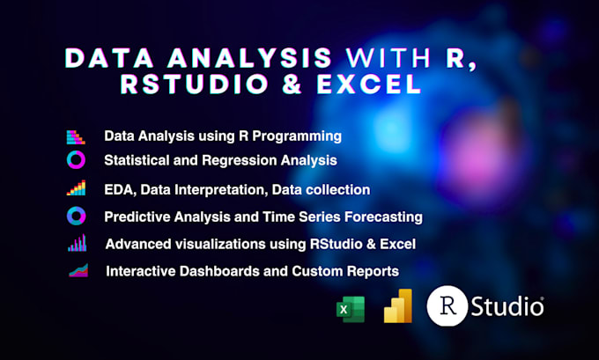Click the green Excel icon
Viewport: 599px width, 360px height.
pos(350,309)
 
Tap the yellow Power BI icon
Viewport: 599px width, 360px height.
pos(398,305)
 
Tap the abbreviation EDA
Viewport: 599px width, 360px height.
pos(117,189)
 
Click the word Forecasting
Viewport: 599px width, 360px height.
pos(381,216)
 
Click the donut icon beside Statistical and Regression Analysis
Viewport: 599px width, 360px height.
pos(77,160)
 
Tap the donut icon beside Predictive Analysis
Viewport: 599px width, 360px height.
pos(77,216)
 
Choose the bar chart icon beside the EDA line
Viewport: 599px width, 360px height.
pos(77,188)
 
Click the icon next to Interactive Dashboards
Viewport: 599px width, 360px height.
pos(78,270)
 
